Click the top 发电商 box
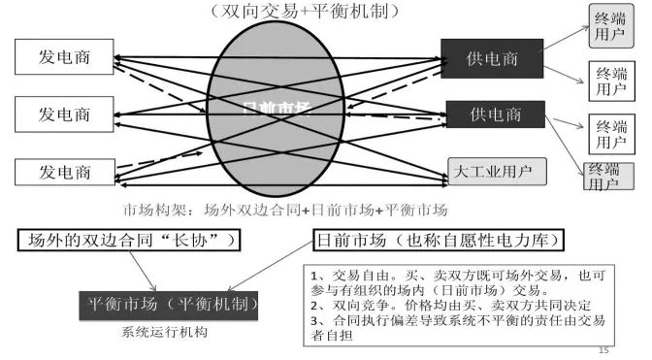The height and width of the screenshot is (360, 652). [66, 55]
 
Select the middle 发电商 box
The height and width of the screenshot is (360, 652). [66, 114]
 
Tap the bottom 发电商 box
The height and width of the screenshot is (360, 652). [66, 173]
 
